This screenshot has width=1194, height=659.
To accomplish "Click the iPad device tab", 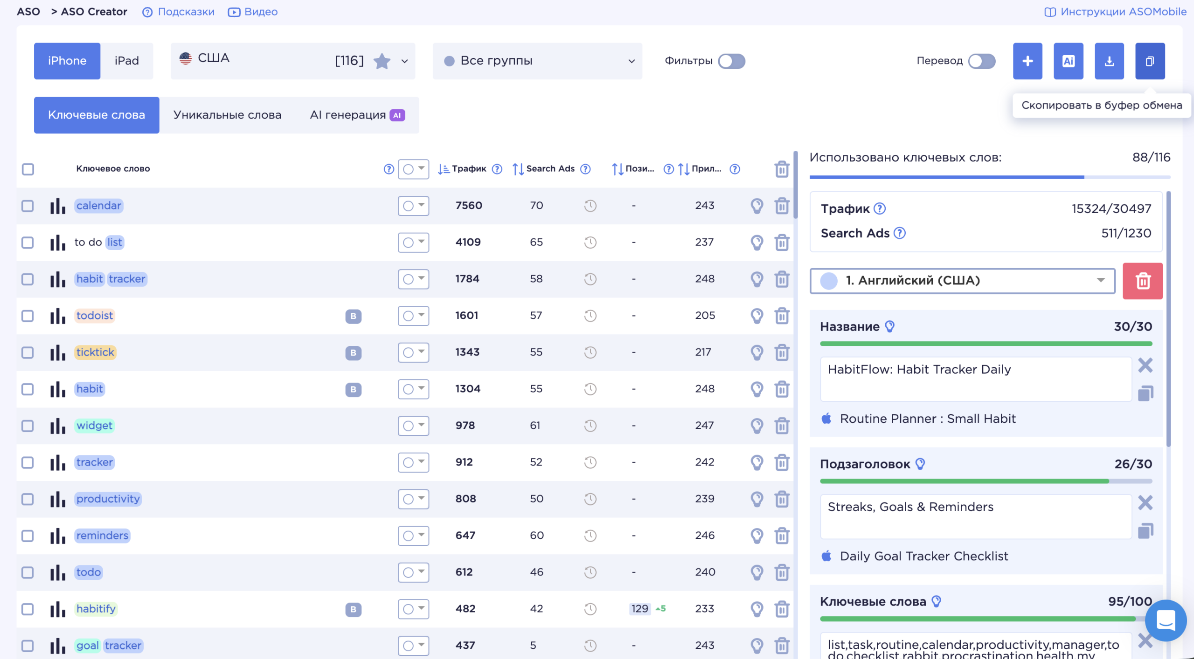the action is (127, 61).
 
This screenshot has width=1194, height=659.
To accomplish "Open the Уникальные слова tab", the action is (227, 115).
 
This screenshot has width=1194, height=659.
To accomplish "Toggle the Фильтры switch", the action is (731, 61).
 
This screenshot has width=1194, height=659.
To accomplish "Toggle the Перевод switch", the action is (982, 61).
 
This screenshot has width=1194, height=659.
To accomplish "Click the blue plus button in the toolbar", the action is (1027, 61).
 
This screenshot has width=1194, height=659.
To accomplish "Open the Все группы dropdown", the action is (537, 61).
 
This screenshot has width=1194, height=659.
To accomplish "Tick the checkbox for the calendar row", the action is (28, 206).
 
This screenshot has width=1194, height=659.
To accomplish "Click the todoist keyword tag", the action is (95, 316).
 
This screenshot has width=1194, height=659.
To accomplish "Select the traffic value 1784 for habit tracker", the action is (467, 279).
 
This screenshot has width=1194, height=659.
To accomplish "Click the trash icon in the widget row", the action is (782, 426).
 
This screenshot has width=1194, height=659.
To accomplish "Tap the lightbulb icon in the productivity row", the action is (757, 499).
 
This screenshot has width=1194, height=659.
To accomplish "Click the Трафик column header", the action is (469, 169).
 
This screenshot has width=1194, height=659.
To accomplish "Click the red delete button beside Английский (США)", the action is (1143, 281).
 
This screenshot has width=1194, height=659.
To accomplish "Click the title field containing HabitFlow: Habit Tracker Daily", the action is (976, 379).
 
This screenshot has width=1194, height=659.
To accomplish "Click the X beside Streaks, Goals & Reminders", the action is (1145, 502).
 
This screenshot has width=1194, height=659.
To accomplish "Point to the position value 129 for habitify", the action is (639, 609).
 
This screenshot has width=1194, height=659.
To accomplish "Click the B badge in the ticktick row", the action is (353, 352).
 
